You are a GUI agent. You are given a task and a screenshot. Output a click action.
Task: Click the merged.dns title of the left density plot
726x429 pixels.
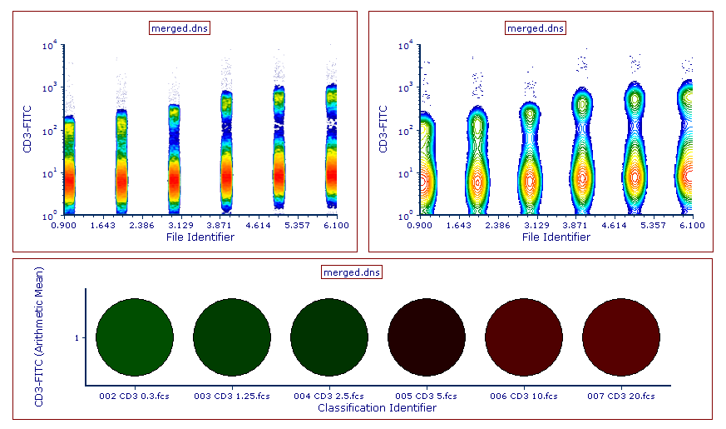pyautogui.click(x=180, y=27)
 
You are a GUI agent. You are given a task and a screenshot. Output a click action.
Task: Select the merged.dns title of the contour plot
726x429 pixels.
pyautogui.click(x=536, y=27)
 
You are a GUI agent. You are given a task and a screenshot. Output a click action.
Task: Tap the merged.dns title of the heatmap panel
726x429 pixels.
pyautogui.click(x=351, y=272)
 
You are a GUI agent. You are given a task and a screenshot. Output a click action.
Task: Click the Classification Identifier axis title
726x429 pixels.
pyautogui.click(x=377, y=408)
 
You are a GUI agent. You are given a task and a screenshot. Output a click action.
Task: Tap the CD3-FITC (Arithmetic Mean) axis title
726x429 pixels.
pyautogui.click(x=39, y=337)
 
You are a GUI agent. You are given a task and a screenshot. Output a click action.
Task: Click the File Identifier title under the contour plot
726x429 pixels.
pyautogui.click(x=557, y=237)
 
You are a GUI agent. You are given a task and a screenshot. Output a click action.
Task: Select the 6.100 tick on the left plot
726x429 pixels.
pyautogui.click(x=336, y=225)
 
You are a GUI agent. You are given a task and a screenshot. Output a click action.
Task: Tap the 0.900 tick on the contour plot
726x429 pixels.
pyautogui.click(x=422, y=225)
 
